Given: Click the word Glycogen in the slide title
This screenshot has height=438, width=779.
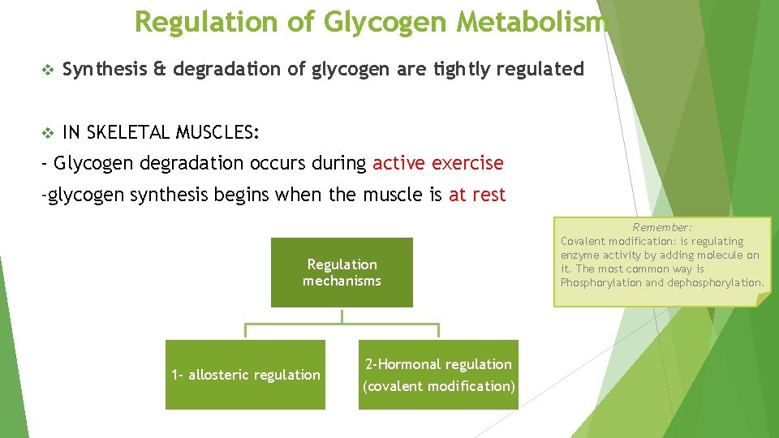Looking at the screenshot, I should (385, 22).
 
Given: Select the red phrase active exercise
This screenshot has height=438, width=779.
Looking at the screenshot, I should (438, 163).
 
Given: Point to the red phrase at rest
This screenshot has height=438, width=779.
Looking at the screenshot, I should (477, 195).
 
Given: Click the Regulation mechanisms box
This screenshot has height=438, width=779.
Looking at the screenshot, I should (342, 273).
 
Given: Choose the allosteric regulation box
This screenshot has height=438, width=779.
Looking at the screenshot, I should (245, 375).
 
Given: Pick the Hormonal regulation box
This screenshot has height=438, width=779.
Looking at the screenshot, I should (438, 375).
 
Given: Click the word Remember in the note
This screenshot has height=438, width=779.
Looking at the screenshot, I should (662, 228).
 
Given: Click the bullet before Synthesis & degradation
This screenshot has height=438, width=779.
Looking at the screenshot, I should (45, 70).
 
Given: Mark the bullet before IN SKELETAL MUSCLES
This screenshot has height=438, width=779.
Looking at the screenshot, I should (45, 131).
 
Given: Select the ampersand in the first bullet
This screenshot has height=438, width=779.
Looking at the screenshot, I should (158, 70).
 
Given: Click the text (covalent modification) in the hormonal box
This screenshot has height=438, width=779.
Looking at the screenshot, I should (438, 386).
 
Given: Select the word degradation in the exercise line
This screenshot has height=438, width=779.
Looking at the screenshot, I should (192, 163).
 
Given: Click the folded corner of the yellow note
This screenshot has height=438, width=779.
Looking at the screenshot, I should (763, 299).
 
